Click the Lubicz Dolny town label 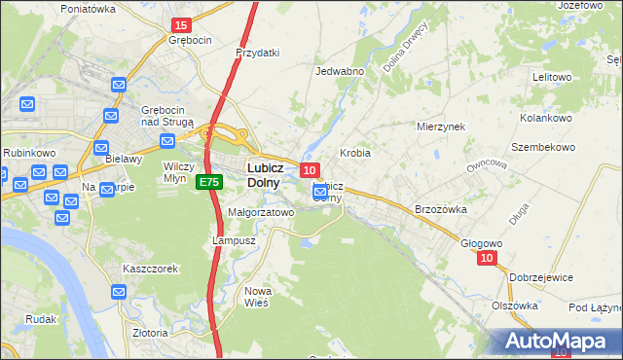click(x=258, y=173)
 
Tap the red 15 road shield click(x=180, y=24)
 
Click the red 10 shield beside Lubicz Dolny click(x=309, y=169)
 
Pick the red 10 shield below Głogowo click(x=488, y=258)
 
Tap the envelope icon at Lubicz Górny click(x=320, y=193)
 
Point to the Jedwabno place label click(x=340, y=71)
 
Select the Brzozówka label click(x=442, y=209)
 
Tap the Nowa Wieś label click(x=258, y=297)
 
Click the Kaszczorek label click(x=149, y=268)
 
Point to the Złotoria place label click(x=150, y=333)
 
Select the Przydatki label click(x=258, y=53)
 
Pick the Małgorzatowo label click(x=260, y=212)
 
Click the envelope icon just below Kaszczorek click(x=119, y=291)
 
